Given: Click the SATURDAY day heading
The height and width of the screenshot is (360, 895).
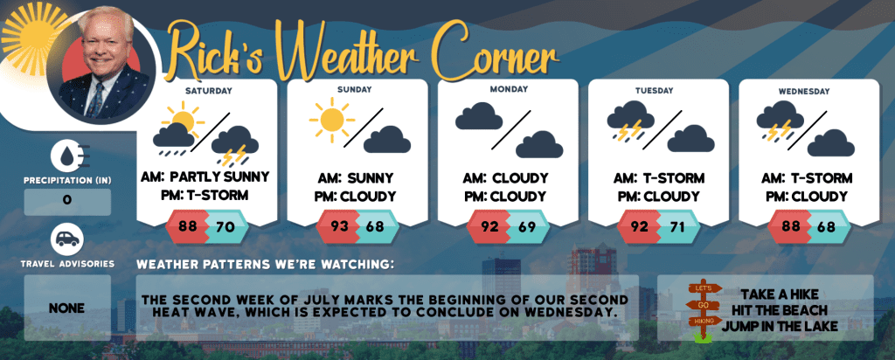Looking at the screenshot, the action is pos(209,91).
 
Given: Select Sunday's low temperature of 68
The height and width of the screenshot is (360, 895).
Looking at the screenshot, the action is pos(375,226).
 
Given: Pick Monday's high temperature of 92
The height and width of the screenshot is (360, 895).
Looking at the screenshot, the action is pos(489,226).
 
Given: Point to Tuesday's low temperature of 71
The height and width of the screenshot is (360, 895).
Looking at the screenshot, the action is pos(676,226).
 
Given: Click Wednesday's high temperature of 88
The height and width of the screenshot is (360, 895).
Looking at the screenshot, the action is pos(790,226).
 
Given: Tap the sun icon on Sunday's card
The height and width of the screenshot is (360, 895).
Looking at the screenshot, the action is pos(331,120).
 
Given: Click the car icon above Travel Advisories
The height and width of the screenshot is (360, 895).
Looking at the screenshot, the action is pos(67,239).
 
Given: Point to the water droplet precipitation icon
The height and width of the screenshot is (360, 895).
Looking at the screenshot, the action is pos(67,156).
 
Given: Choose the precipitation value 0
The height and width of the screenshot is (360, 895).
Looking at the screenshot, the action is pos(67,201).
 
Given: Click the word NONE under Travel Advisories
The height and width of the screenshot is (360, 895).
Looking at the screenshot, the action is pos(66,308).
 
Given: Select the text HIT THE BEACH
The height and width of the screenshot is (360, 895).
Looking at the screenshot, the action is pos(779,310).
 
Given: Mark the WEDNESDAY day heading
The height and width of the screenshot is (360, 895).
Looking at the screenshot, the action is pos(808,91).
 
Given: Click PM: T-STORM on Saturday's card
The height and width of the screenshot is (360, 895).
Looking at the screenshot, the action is pos(205,196).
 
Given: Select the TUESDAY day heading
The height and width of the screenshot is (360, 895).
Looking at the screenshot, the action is pos(658,91).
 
